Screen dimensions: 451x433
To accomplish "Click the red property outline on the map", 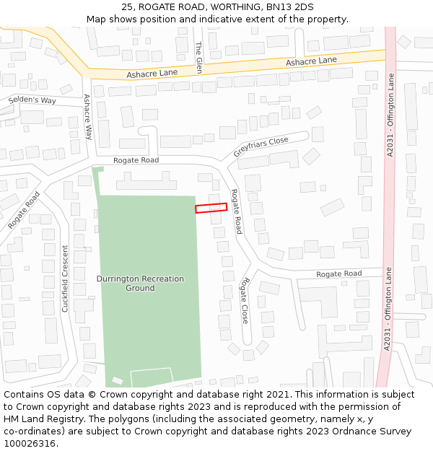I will pyautogui.click(x=211, y=208).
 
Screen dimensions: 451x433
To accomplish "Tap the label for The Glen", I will pyautogui.click(x=198, y=53).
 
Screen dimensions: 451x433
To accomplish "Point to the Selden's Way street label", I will pyautogui.click(x=32, y=100).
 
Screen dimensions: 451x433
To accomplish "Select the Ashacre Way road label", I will pyautogui.click(x=88, y=116).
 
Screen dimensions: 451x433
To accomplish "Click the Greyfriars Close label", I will pyautogui.click(x=261, y=147).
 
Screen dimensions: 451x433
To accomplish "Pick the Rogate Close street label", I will pyautogui.click(x=245, y=299).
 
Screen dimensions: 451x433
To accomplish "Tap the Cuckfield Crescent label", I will pyautogui.click(x=65, y=279).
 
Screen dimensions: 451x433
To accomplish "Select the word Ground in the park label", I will pyautogui.click(x=140, y=288).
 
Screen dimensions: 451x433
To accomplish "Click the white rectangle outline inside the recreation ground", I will pyautogui.click(x=152, y=376).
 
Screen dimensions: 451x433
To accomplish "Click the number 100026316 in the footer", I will pyautogui.click(x=29, y=444).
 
